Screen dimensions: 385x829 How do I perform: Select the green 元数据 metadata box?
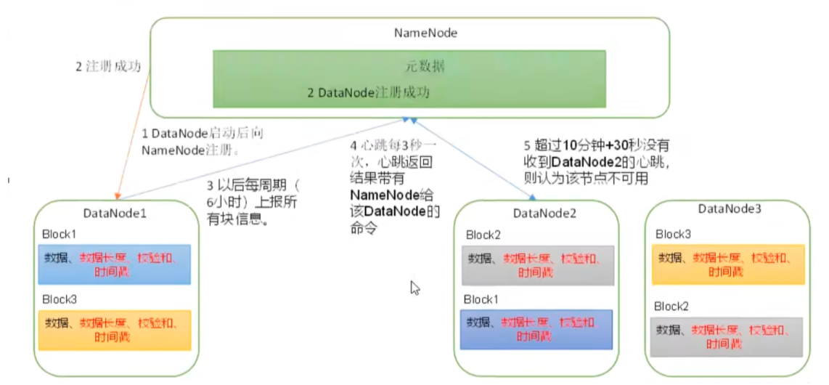pos(409,78)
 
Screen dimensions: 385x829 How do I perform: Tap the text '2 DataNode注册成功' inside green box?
pos(368,93)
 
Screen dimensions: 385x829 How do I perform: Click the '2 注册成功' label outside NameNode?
pos(108,65)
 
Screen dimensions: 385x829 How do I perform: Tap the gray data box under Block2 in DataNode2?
pos(537,265)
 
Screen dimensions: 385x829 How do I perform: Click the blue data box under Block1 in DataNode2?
pos(537,328)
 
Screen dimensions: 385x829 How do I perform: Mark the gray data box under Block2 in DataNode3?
pos(727,336)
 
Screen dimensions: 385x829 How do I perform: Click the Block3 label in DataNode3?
pos(674,234)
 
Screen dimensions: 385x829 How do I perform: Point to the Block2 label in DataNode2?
pos(484,235)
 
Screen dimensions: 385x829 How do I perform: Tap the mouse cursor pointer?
pos(415,288)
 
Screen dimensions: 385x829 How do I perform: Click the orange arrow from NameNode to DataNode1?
pos(133,138)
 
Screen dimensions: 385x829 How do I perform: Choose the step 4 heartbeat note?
pos(396,186)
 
